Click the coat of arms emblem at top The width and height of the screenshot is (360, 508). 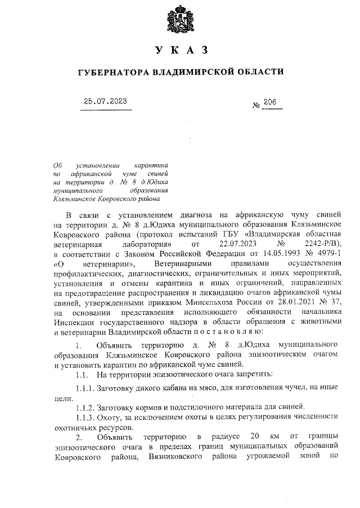[180, 21]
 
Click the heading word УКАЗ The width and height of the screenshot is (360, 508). [180, 51]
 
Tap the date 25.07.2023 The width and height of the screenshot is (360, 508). [105, 101]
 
